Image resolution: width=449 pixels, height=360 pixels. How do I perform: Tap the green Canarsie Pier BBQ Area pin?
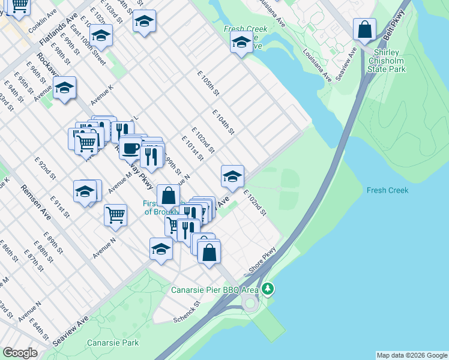268,289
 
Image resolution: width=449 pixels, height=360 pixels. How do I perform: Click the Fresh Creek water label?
387,190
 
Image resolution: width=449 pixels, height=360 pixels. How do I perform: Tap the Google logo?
20,353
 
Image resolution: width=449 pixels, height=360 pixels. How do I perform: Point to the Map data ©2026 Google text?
412,355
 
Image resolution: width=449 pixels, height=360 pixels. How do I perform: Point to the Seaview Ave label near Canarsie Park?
71,331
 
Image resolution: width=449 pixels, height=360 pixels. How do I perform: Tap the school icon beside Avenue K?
64,89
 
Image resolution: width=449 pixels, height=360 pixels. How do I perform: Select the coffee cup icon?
130,147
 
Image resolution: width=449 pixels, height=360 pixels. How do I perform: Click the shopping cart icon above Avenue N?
115,214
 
